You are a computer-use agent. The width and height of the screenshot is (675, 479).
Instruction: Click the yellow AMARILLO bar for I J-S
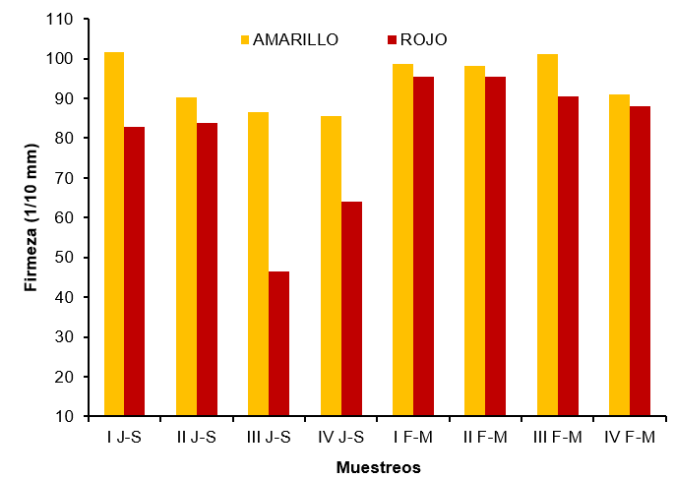[x=114, y=234]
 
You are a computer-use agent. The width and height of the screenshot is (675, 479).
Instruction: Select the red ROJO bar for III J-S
[x=278, y=343]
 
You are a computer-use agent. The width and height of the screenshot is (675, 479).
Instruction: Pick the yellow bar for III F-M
[x=547, y=235]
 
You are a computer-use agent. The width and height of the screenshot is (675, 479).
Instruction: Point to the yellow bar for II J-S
[x=186, y=257]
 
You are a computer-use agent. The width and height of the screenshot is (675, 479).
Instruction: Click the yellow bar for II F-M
[x=475, y=241]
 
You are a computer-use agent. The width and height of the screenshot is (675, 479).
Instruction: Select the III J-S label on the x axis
[x=269, y=436]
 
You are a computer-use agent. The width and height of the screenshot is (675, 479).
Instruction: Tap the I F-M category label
[x=413, y=436]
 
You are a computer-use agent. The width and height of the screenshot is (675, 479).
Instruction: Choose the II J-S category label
[x=197, y=436]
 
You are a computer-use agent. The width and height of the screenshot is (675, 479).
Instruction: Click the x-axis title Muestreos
[x=378, y=467]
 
